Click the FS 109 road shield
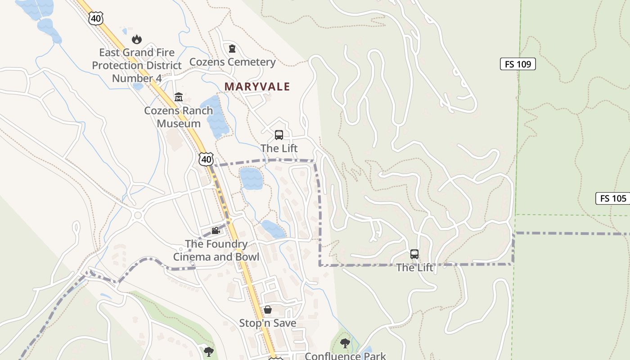517,64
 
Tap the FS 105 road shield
613,198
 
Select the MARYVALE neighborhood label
257,86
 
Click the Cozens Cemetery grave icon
232,48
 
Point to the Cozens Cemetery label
232,62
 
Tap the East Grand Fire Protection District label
137,65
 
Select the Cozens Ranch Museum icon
179,97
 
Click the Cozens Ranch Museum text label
179,117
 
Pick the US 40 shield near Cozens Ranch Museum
206,159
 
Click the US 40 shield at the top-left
96,18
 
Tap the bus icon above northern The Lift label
279,135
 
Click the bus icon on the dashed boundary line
414,254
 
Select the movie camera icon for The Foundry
216,231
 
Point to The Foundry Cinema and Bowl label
216,250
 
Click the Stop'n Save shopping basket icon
268,310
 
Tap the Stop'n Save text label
268,323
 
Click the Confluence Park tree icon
345,344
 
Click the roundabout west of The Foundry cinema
138,216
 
